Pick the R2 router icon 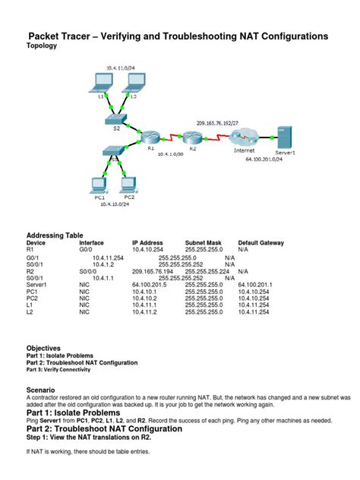tap(190, 137)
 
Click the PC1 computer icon tap(96, 184)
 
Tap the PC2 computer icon tap(128, 184)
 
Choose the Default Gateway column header tap(261, 243)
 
